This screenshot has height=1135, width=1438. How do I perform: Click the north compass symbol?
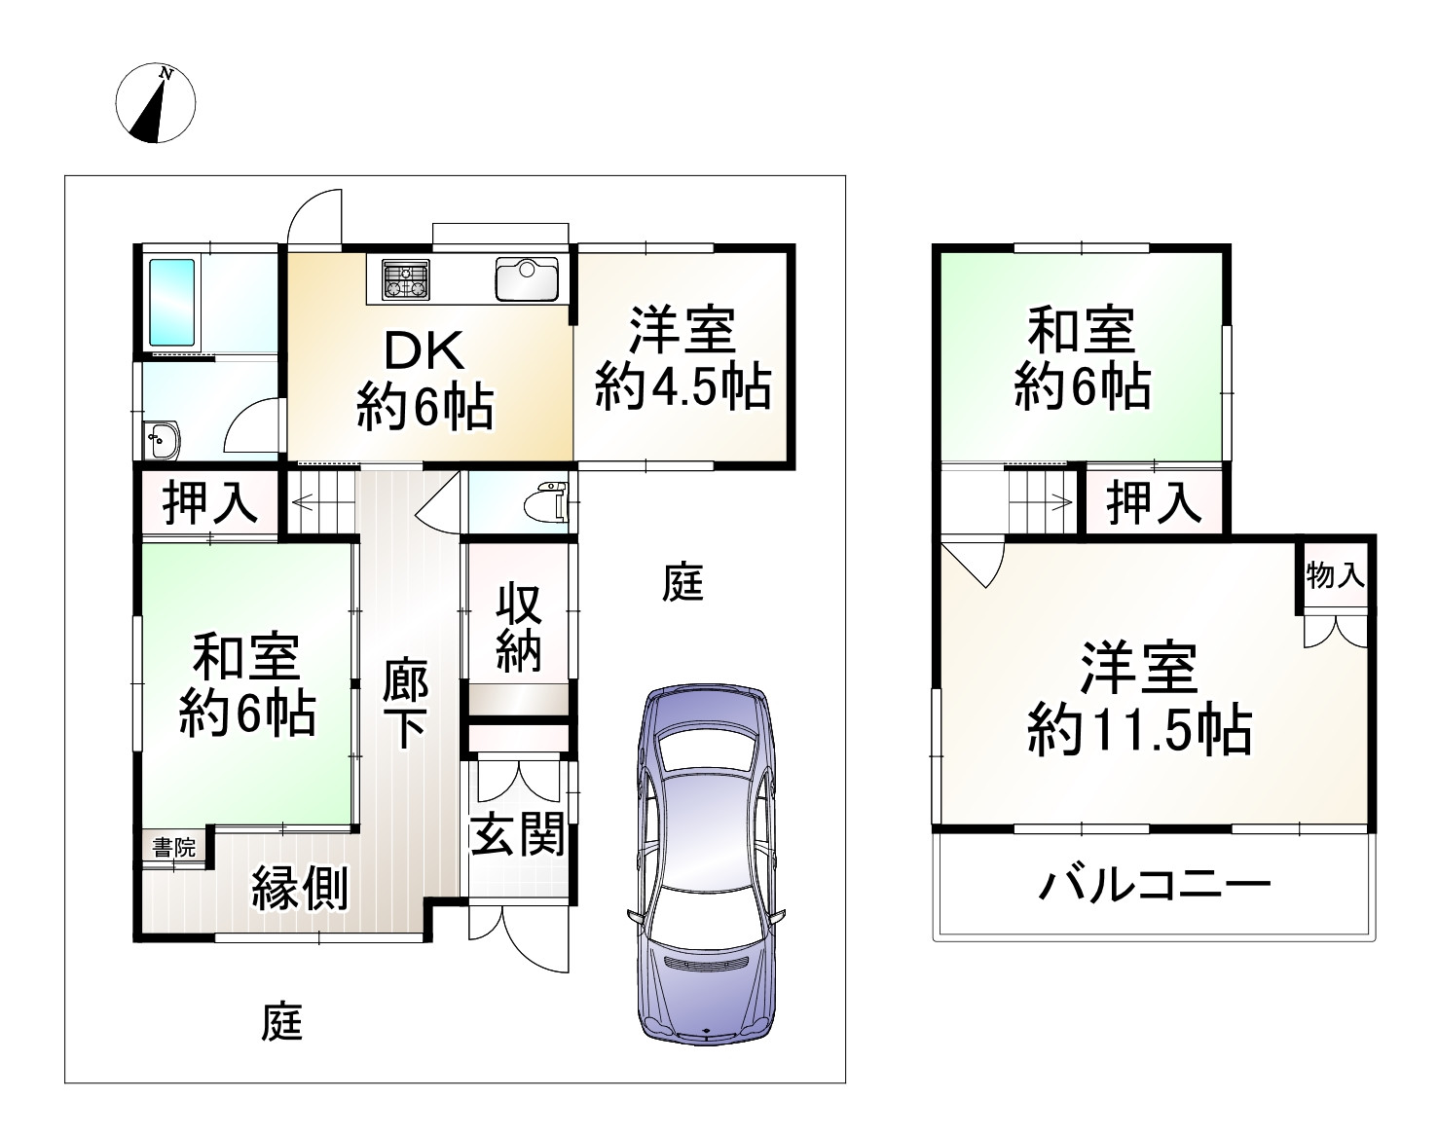click(156, 102)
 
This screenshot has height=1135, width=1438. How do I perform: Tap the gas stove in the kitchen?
click(405, 278)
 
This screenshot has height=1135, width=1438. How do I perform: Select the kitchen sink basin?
click(526, 278)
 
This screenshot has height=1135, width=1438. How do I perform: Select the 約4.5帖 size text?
click(682, 386)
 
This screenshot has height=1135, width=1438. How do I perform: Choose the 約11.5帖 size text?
click(1139, 729)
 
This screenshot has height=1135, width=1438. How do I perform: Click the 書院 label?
click(174, 847)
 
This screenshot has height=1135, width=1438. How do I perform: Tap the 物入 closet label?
click(1336, 575)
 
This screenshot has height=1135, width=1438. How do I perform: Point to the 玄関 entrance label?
click(517, 834)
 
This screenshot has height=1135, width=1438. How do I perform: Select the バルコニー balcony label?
click(1155, 886)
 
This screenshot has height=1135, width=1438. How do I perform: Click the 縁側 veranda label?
click(299, 887)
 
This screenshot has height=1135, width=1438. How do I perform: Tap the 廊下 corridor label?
click(404, 703)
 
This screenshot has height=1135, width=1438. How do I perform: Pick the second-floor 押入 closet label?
click(1154, 502)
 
